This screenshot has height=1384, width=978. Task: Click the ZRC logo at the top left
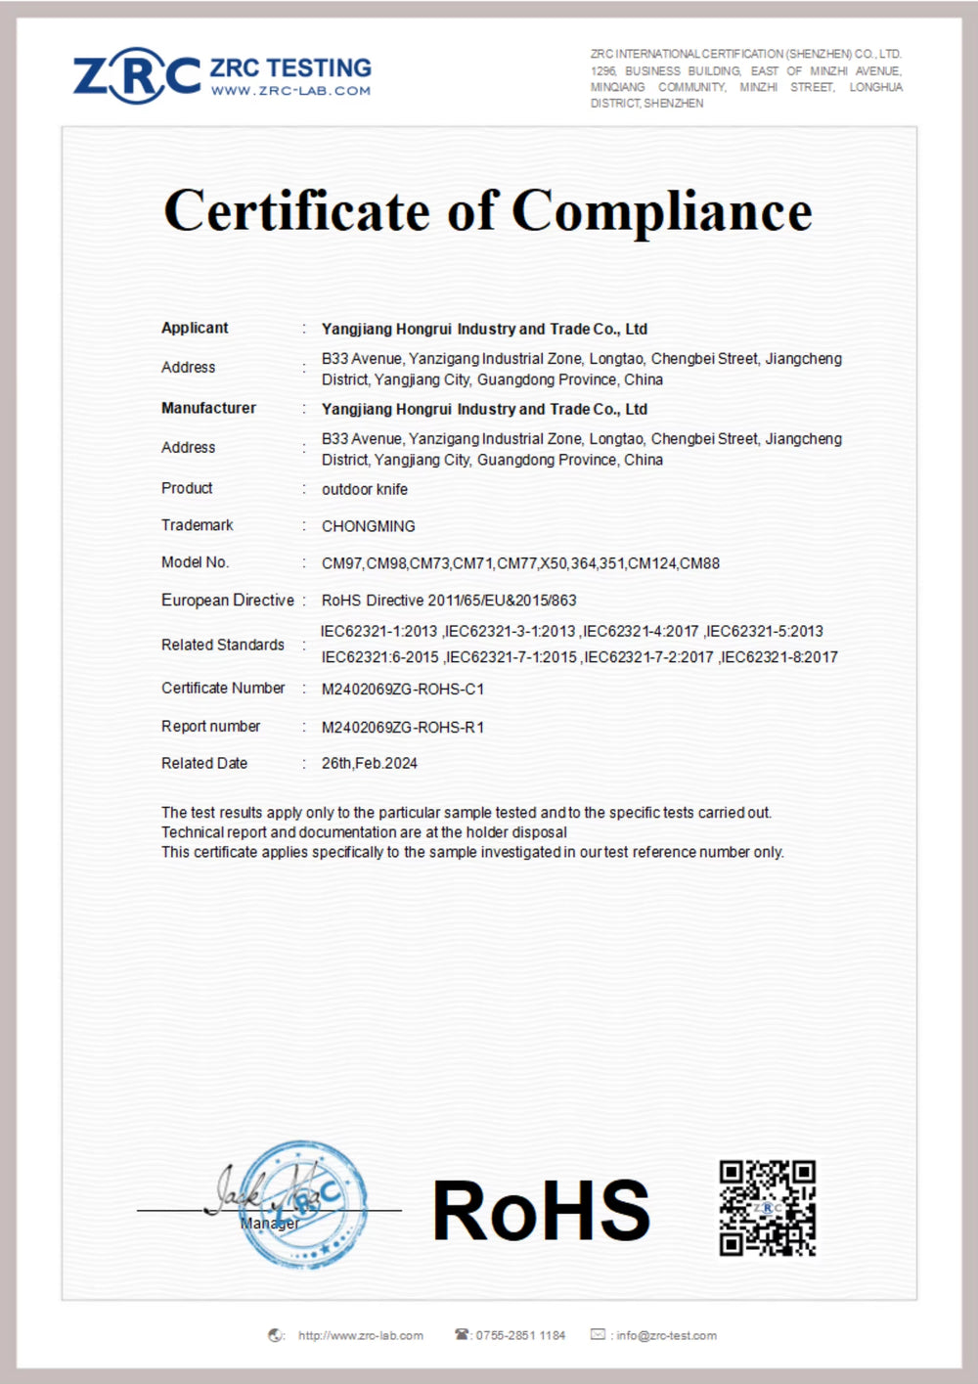[137, 76]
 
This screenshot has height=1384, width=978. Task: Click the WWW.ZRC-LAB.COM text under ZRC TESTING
[290, 91]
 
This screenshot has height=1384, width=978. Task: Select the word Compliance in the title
[662, 210]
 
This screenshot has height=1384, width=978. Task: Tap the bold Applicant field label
[195, 328]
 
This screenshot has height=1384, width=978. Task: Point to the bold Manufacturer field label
[208, 408]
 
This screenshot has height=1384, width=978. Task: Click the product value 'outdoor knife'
[365, 489]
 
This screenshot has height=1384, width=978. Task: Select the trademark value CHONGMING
[369, 526]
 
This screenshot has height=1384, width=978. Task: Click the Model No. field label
[195, 562]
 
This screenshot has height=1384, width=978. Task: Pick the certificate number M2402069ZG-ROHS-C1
[403, 689]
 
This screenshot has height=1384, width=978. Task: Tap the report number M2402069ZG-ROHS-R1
[403, 727]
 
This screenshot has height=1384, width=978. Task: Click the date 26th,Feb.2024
[370, 763]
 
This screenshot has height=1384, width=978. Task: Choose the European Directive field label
[227, 600]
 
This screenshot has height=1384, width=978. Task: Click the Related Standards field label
[223, 645]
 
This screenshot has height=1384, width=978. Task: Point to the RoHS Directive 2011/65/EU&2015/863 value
[449, 601]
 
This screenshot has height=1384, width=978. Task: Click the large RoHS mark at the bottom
[541, 1211]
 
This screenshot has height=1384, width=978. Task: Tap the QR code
[768, 1208]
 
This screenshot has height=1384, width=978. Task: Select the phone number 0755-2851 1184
[520, 1335]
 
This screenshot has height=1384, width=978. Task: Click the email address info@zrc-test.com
[666, 1335]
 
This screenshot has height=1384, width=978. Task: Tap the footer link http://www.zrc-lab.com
[361, 1335]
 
